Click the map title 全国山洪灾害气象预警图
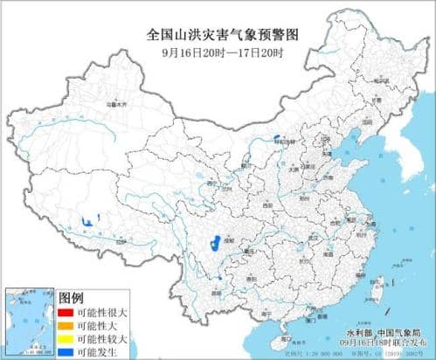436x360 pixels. [218, 35]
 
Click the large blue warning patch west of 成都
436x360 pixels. [212, 246]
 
